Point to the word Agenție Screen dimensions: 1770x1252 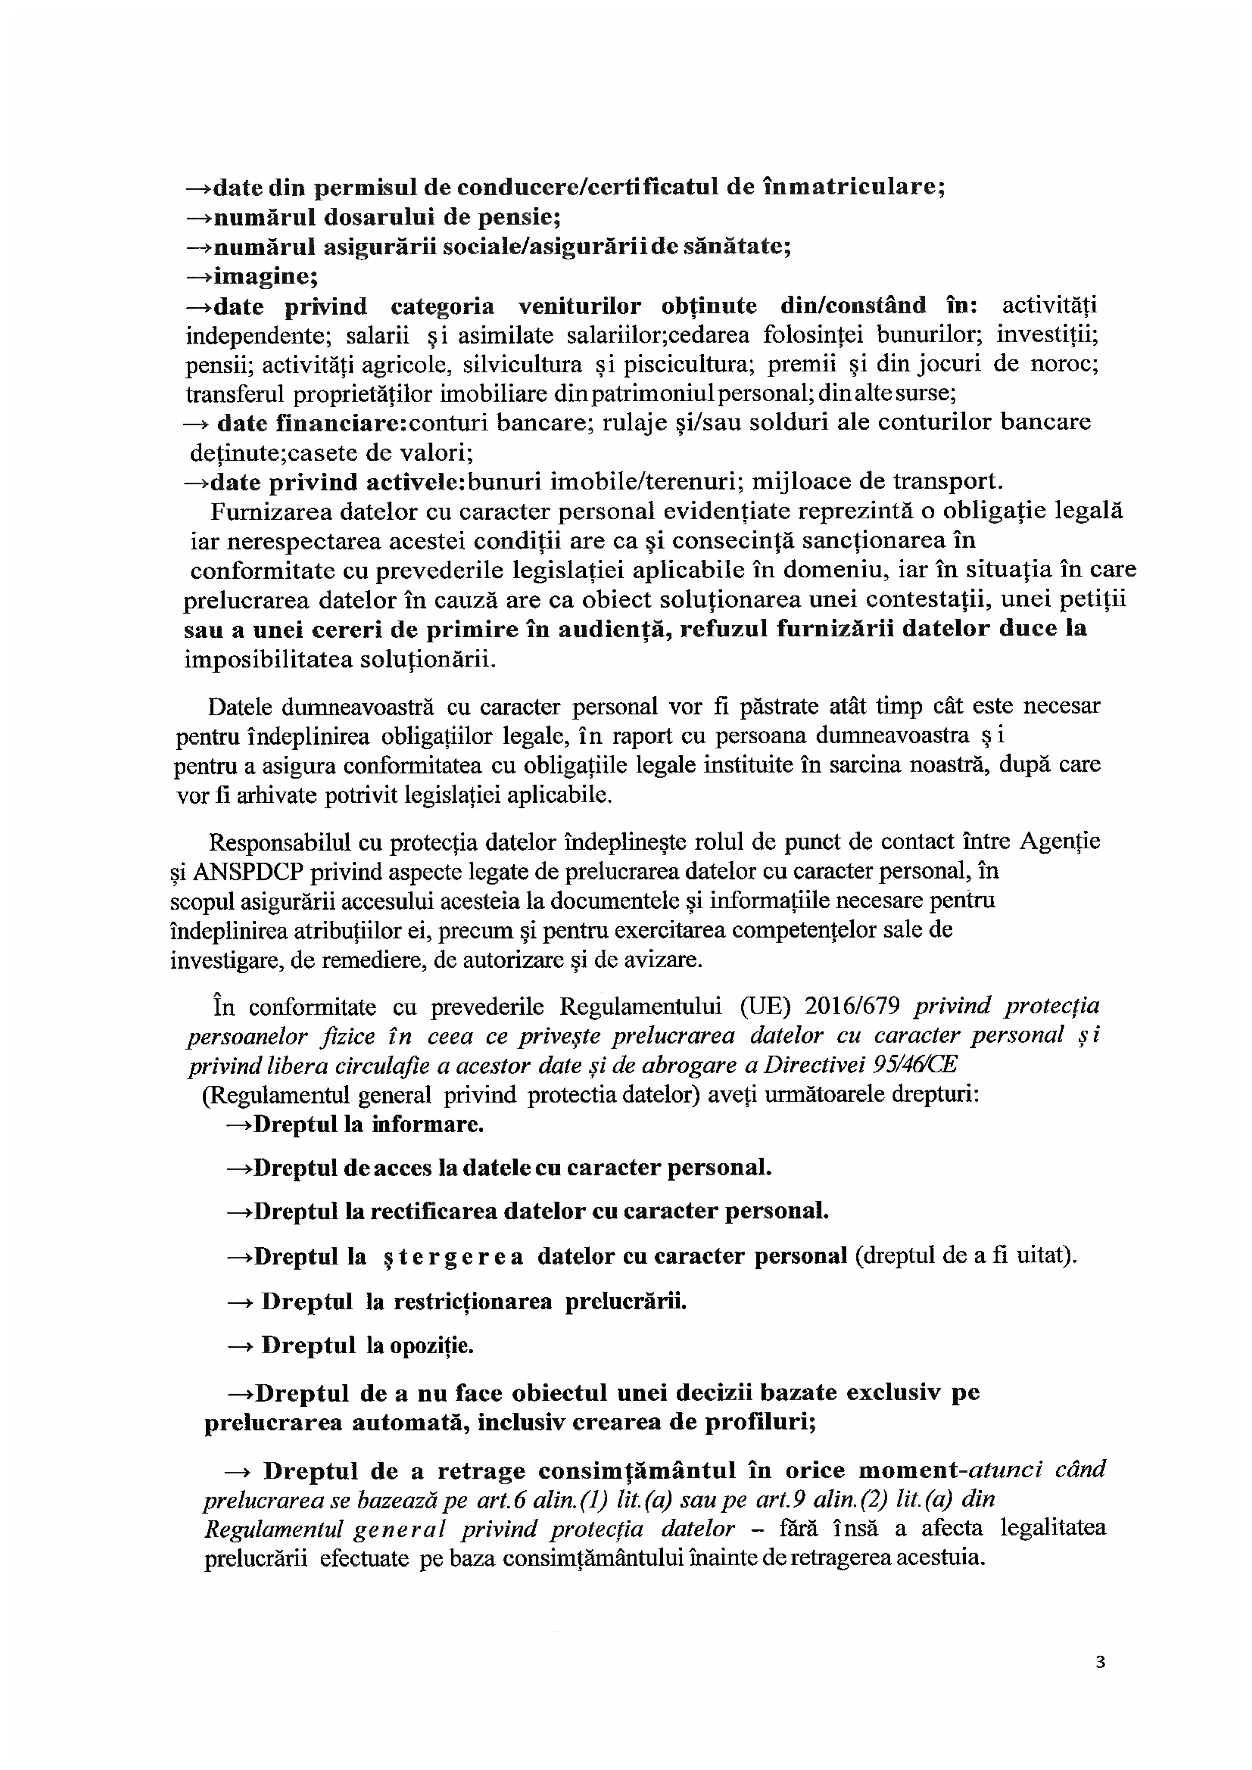[x=1060, y=841]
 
